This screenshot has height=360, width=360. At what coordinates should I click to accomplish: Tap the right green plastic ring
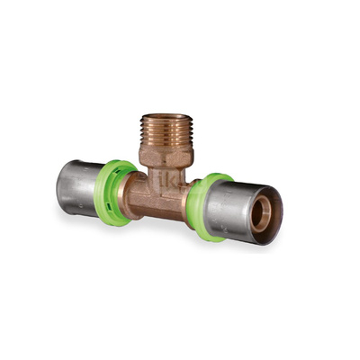pos(200,207)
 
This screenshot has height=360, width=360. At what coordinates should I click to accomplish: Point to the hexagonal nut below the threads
pos(166,157)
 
